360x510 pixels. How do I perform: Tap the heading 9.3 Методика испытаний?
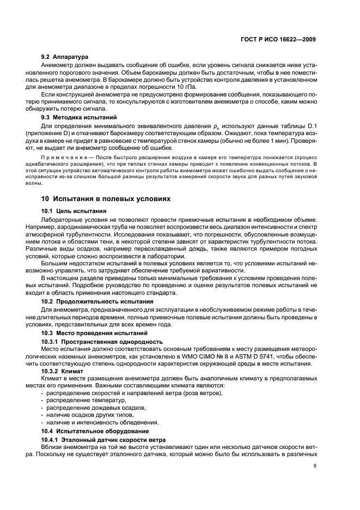(x=78, y=117)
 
